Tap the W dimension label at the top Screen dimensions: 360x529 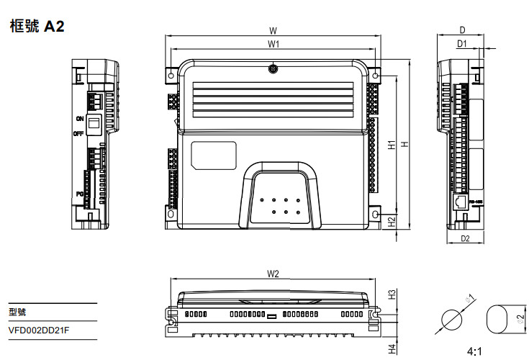(273, 31)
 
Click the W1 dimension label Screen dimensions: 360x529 (273, 45)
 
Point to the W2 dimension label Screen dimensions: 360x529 (273, 274)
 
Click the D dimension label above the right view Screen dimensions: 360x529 (462, 31)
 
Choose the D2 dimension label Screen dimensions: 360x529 (465, 238)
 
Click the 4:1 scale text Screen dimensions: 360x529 (475, 351)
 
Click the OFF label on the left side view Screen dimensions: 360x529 (78, 133)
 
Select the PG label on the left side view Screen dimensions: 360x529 (79, 194)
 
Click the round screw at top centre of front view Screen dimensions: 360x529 (273, 69)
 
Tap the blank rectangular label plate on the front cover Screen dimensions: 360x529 (214, 156)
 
